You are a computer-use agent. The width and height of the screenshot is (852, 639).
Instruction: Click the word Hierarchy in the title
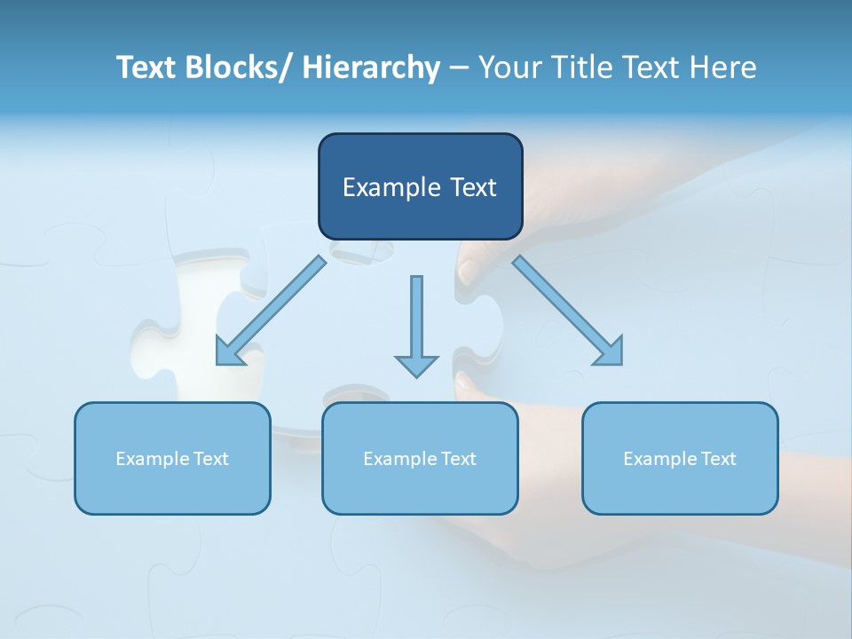pos(371,67)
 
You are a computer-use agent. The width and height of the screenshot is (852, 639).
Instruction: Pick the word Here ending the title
pos(722,67)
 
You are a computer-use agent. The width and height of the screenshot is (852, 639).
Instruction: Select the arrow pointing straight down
pos(416,328)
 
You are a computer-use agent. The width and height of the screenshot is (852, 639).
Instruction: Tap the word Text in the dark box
pos(472,187)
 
